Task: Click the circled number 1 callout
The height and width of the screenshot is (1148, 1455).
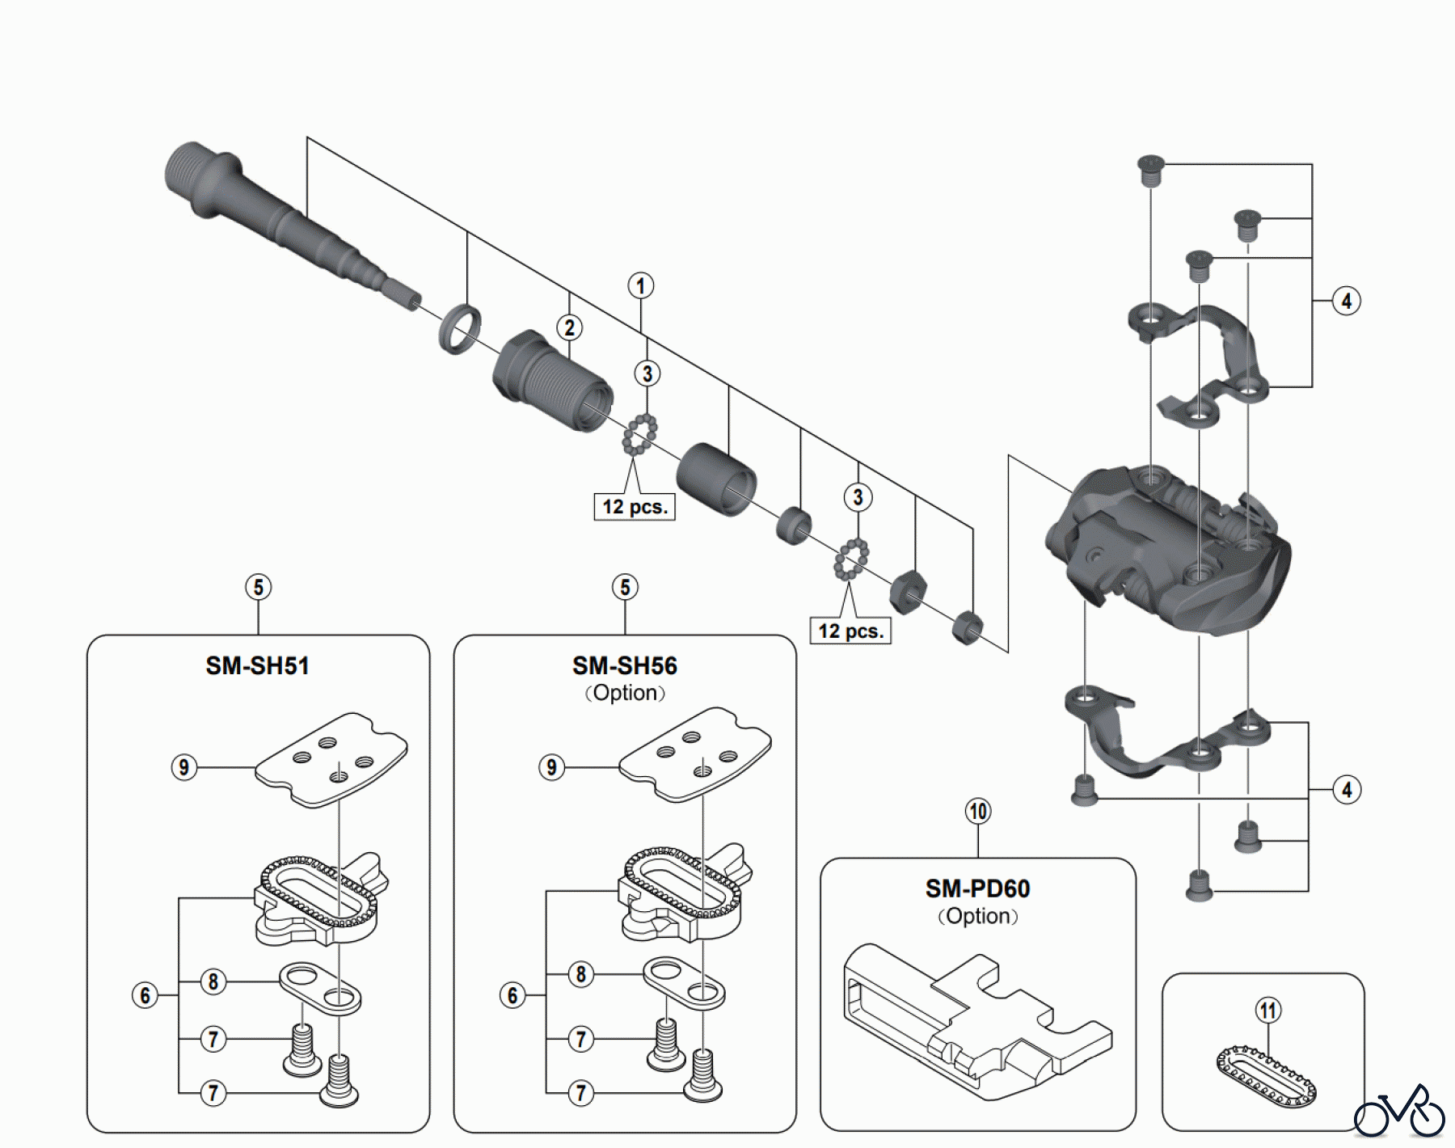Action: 641,286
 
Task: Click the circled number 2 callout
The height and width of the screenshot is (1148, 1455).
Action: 570,327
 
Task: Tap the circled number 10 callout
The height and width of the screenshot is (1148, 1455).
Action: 978,811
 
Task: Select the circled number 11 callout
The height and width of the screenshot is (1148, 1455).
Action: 1268,1011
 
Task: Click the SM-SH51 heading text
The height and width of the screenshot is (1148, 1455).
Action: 257,666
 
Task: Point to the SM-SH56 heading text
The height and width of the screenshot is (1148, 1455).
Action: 624,666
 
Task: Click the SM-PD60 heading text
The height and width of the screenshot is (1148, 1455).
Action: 977,889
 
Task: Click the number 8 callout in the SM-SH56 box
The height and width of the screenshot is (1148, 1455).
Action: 580,974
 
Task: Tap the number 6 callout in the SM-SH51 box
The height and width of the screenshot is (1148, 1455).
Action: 145,995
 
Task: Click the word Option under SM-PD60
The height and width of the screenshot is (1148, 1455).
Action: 977,917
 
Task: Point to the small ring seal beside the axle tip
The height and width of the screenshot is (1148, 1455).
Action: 460,329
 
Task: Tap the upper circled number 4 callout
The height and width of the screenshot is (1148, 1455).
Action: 1346,301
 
